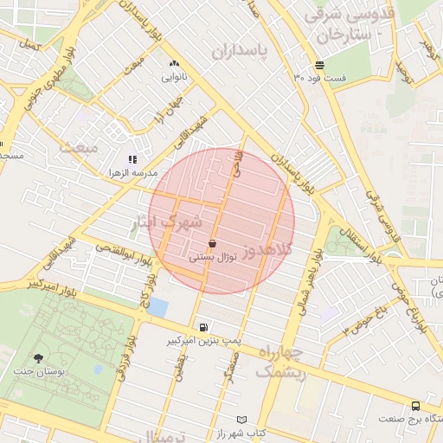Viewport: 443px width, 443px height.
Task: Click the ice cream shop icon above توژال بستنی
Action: pos(212,246)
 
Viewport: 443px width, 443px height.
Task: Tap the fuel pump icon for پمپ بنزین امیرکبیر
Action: pos(203,328)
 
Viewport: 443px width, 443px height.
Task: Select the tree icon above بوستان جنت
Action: pos(38,358)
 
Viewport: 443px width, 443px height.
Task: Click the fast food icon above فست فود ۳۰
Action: pos(320,65)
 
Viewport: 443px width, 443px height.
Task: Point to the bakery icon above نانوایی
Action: pos(174,64)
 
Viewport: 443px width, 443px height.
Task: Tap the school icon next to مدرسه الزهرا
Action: pos(132,159)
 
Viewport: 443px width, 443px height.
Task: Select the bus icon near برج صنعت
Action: pos(416,405)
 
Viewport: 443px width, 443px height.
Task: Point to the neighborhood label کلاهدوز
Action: pos(268,250)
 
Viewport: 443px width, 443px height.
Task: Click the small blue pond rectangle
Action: pos(159,307)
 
